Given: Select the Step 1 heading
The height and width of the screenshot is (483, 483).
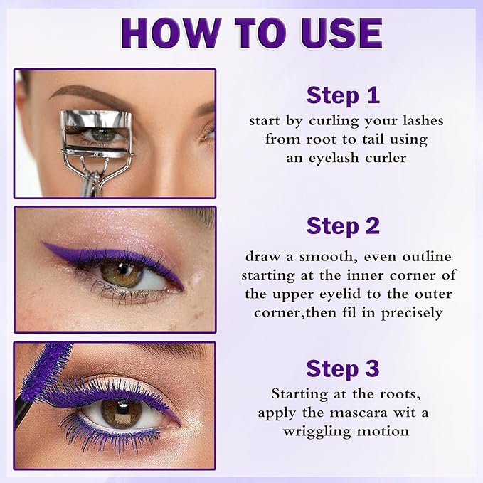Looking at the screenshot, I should point(343,95).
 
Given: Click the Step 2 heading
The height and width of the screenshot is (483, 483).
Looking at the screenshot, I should point(343,225).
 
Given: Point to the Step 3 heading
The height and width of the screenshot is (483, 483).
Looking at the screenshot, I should point(343,368).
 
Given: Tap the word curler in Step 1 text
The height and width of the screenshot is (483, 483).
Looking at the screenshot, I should point(384,158).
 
